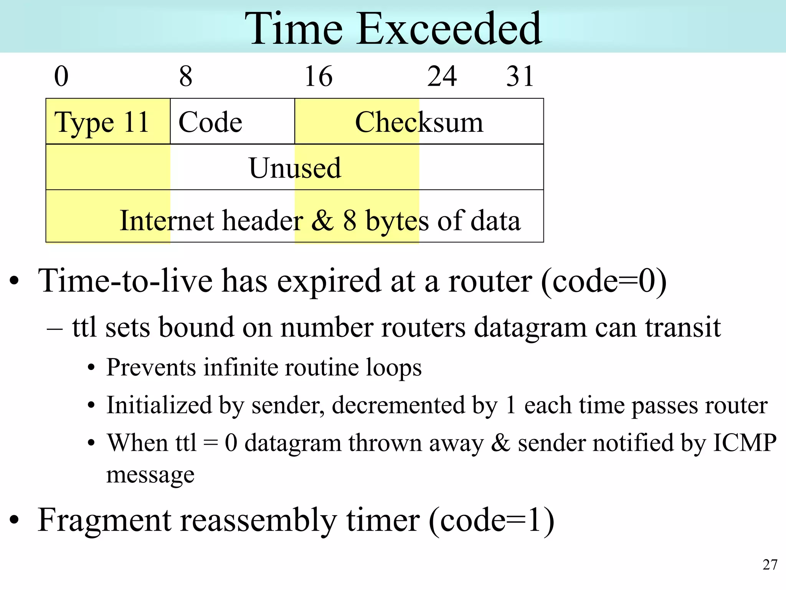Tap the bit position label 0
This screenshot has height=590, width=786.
pyautogui.click(x=61, y=76)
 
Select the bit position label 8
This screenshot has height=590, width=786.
pyautogui.click(x=186, y=76)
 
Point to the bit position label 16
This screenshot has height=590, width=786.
pyautogui.click(x=318, y=76)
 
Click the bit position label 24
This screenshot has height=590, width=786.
pyautogui.click(x=442, y=76)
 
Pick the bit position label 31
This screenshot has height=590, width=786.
pyautogui.click(x=520, y=76)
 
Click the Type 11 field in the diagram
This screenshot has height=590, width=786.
pyautogui.click(x=102, y=122)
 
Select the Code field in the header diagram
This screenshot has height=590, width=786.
pyautogui.click(x=210, y=122)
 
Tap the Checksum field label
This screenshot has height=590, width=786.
pyautogui.click(x=419, y=122)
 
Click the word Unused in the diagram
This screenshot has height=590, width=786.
pyautogui.click(x=295, y=168)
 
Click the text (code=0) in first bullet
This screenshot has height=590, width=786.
pyautogui.click(x=604, y=281)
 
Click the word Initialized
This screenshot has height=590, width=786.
pyautogui.click(x=159, y=405)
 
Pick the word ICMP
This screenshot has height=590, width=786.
pyautogui.click(x=745, y=442)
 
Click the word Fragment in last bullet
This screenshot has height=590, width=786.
pyautogui.click(x=104, y=520)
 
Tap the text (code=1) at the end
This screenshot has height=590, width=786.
pyautogui.click(x=491, y=520)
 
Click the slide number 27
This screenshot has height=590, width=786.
pyautogui.click(x=770, y=565)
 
